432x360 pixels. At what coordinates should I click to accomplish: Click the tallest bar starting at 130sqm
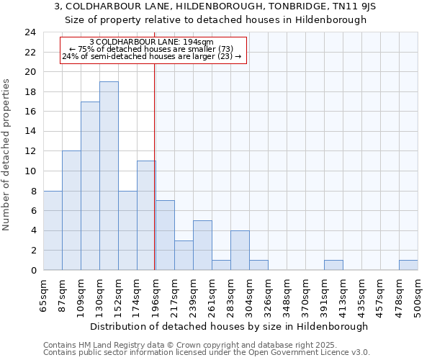(109, 176)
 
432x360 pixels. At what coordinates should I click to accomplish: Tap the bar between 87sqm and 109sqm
(71, 210)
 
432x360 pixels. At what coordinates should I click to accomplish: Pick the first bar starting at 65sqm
(53, 230)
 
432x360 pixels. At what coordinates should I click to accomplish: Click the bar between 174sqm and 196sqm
(146, 215)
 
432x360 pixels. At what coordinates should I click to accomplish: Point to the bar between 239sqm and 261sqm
(202, 246)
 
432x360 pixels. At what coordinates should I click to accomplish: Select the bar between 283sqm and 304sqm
(240, 251)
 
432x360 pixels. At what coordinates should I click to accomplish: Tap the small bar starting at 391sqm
(333, 265)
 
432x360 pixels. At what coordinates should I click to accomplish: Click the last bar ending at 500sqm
(408, 265)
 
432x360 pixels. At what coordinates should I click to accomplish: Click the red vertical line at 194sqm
(155, 166)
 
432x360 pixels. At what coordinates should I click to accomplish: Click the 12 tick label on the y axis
(30, 151)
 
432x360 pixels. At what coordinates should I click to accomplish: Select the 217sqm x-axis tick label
(174, 294)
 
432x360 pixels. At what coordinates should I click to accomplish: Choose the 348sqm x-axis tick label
(287, 294)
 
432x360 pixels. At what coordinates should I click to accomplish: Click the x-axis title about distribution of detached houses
(230, 326)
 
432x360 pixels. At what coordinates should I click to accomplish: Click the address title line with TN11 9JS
(215, 6)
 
